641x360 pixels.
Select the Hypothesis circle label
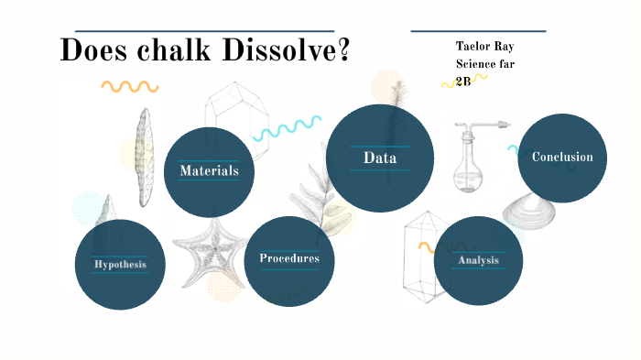tap(119, 265)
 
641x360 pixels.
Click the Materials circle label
tap(209, 170)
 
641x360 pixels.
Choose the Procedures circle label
tap(288, 258)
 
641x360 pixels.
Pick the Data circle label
tap(379, 158)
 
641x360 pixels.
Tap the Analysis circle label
tap(478, 260)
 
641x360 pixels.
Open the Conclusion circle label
tap(562, 157)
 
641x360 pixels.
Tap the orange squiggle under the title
tap(129, 87)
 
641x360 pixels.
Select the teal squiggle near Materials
tap(287, 127)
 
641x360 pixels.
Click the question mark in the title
tap(343, 49)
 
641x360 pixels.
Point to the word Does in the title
tap(90, 49)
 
